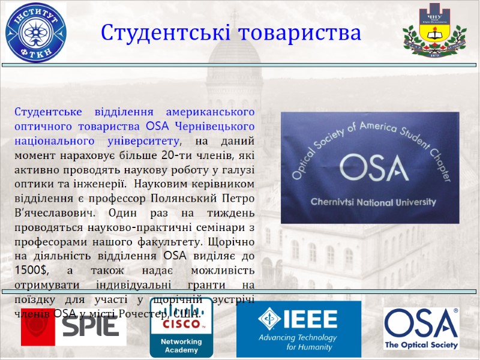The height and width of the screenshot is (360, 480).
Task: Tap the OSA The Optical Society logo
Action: [421, 328]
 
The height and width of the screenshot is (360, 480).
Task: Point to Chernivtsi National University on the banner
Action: [373, 202]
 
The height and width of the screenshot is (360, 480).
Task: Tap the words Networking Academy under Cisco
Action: [181, 346]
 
